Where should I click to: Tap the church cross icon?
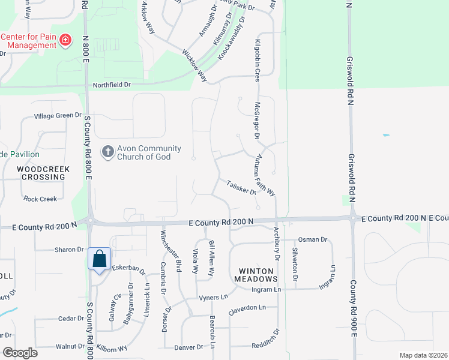(107, 152)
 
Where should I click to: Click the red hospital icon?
(67, 41)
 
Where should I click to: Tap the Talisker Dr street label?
(242, 188)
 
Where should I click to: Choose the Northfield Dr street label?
(111, 85)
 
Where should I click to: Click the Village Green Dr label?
(57, 115)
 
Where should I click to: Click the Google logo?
(20, 353)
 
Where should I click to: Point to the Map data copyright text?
(423, 355)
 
